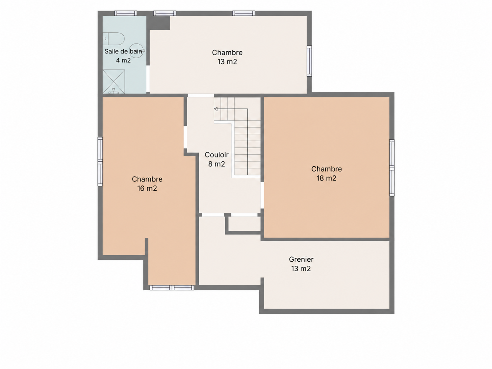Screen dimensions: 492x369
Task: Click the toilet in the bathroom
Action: click(113, 39)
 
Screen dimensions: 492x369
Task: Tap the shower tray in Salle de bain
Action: click(114, 81)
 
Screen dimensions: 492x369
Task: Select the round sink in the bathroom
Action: click(137, 51)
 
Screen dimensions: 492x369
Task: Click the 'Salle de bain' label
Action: click(123, 51)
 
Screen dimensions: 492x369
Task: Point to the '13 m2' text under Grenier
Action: click(301, 268)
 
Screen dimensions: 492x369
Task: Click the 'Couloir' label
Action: click(216, 155)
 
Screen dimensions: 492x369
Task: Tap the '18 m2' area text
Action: click(326, 178)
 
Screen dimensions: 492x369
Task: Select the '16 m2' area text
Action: click(147, 188)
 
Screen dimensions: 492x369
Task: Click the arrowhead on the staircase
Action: click(216, 109)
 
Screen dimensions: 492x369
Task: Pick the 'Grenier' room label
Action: click(301, 259)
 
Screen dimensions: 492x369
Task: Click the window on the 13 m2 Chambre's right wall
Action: click(309, 61)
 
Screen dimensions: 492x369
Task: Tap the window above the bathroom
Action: click(125, 13)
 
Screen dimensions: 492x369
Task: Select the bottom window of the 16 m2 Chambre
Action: click(172, 288)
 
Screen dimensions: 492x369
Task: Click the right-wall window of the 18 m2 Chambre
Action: click(391, 168)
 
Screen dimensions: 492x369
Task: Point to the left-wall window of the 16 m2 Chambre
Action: click(100, 161)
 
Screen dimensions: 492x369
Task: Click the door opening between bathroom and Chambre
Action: click(148, 78)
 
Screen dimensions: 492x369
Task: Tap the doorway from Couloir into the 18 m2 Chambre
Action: click(262, 195)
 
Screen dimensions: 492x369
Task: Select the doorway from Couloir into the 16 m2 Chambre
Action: click(185, 137)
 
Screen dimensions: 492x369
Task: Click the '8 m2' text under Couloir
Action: click(216, 164)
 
